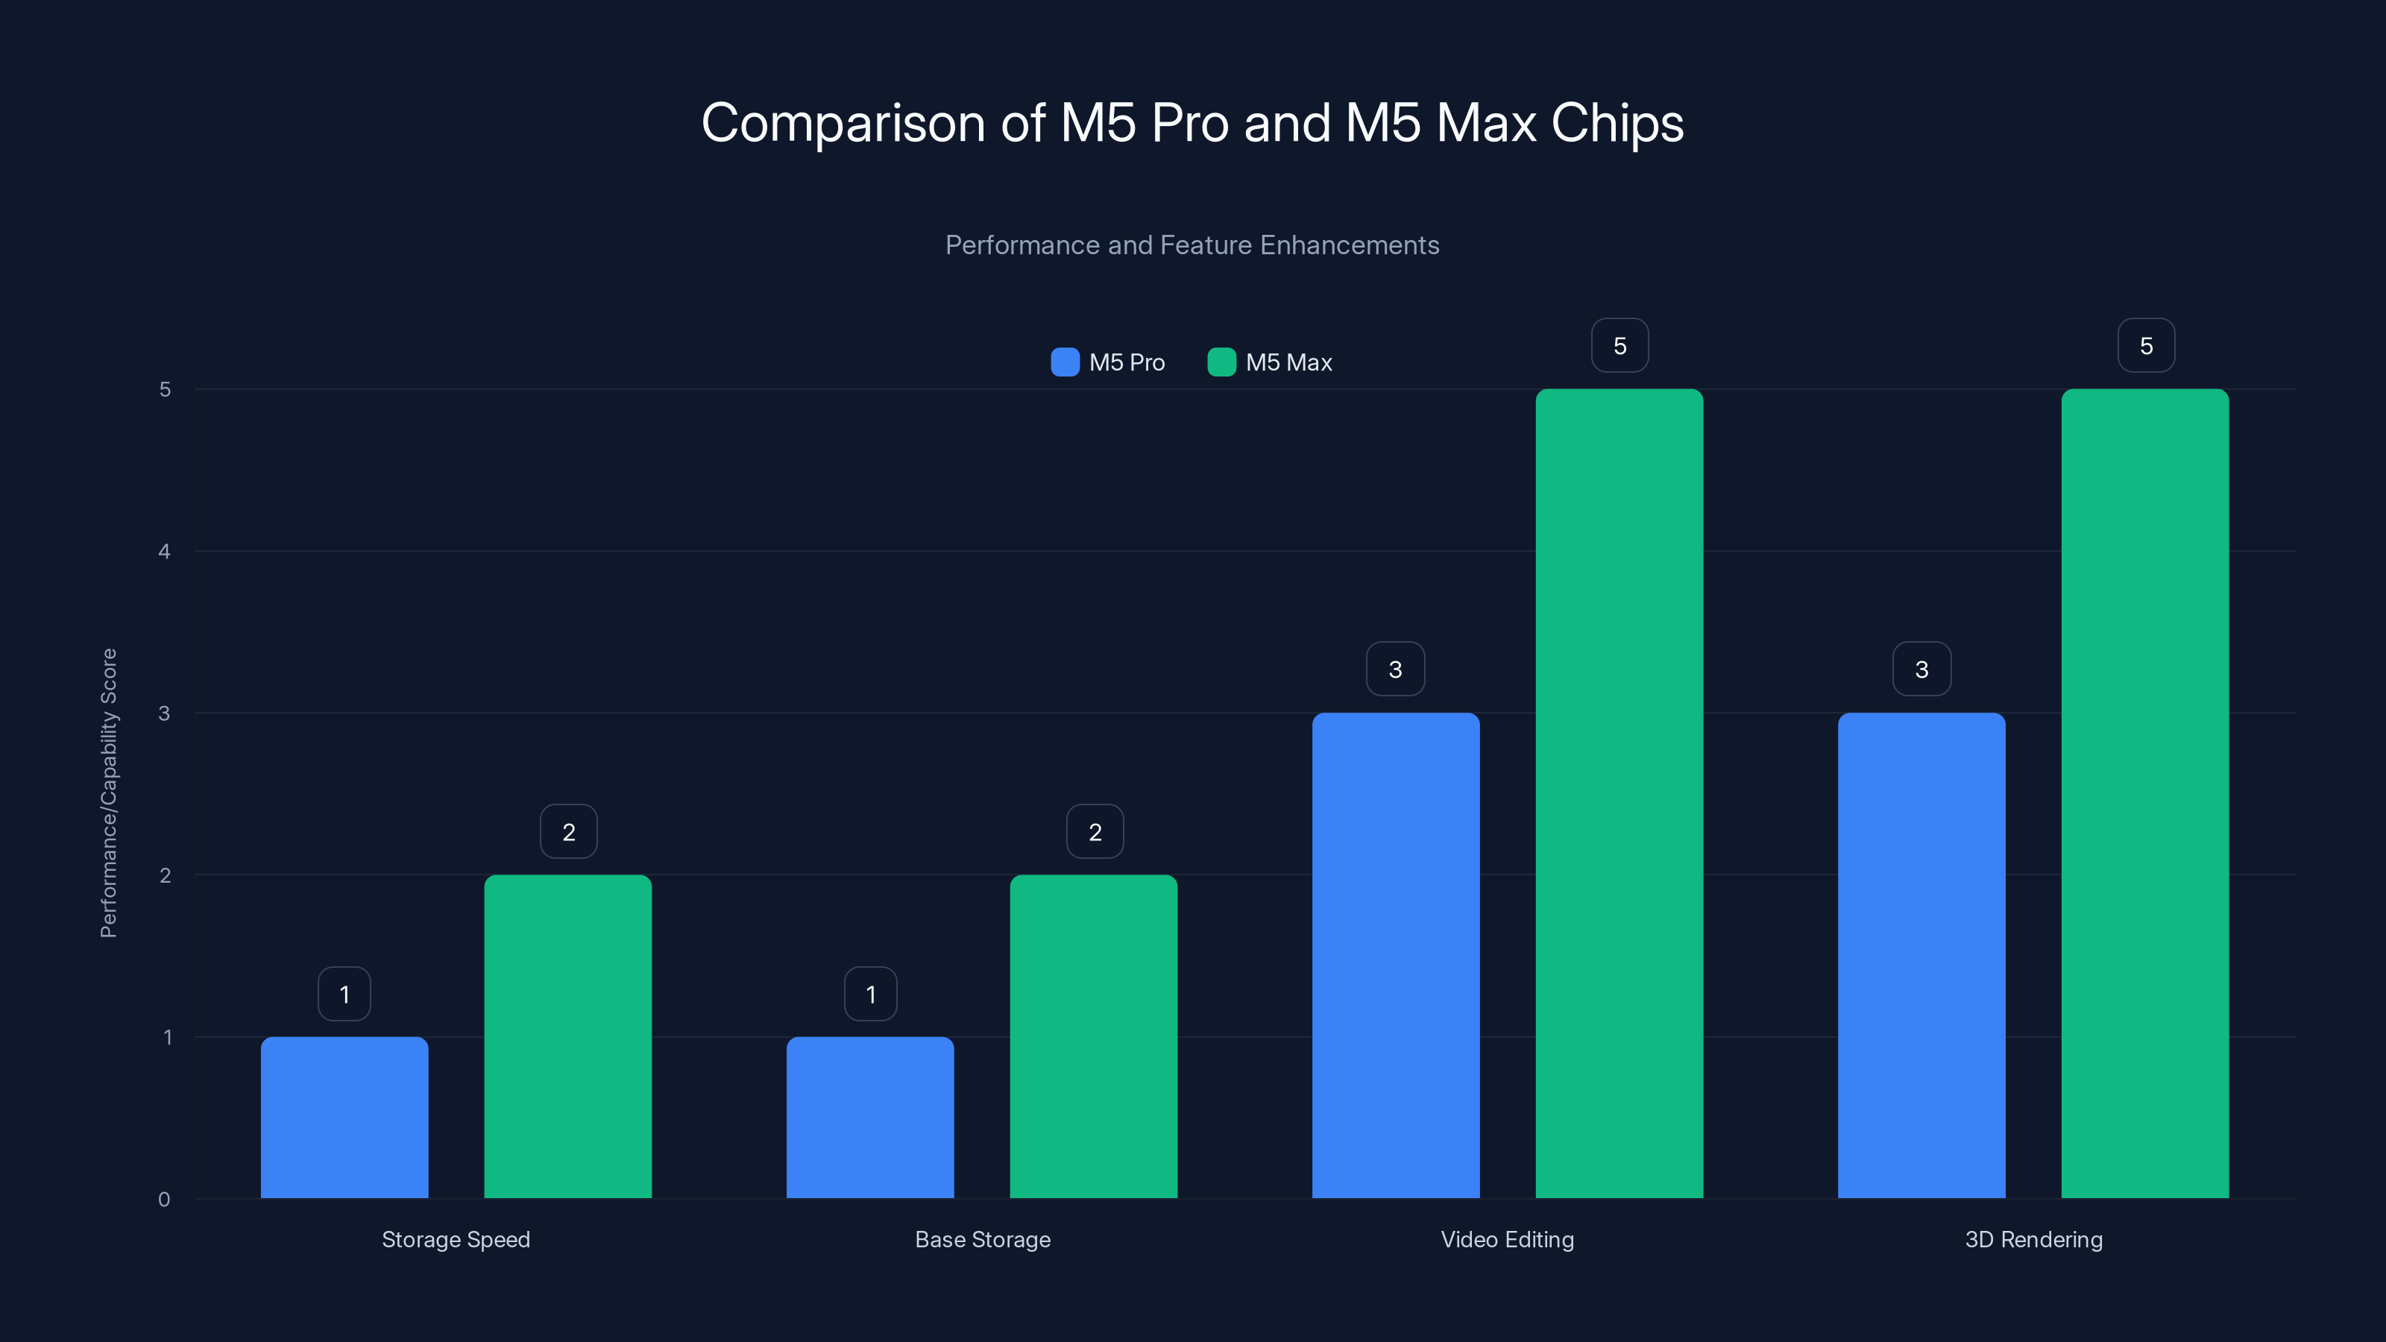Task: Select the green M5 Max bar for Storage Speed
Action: pyautogui.click(x=567, y=1036)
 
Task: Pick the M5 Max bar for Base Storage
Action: pyautogui.click(x=1093, y=1036)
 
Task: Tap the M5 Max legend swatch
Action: pyautogui.click(x=1222, y=362)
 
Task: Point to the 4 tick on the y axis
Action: pyautogui.click(x=165, y=552)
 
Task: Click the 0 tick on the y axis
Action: pyautogui.click(x=165, y=1200)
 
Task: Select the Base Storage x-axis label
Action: pyautogui.click(x=983, y=1239)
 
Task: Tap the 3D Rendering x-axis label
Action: pyautogui.click(x=2033, y=1239)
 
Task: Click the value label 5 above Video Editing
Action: pyautogui.click(x=1619, y=345)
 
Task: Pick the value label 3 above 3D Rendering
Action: pyautogui.click(x=1921, y=669)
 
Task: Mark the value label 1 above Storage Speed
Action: pyautogui.click(x=344, y=994)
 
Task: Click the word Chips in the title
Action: pyautogui.click(x=1617, y=123)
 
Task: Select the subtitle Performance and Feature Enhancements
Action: pyautogui.click(x=1192, y=245)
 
